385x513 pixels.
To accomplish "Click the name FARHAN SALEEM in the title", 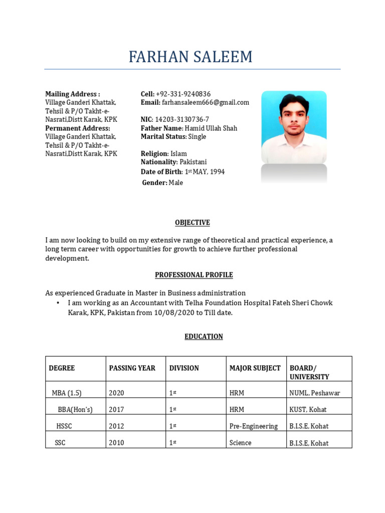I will [190, 57].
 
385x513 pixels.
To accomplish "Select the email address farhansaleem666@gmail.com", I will [205, 103].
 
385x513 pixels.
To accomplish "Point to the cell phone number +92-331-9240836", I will [183, 94].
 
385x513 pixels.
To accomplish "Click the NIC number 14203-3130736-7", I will [182, 120].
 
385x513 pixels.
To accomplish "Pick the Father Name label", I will [161, 128].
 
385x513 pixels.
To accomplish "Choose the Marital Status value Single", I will [197, 137].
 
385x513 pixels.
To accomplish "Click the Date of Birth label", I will [161, 172].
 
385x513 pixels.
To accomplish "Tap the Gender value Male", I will [175, 183].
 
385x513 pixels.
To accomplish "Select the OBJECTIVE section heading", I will [192, 223].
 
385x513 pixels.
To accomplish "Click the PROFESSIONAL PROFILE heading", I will [194, 275].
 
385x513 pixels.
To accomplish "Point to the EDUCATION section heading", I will [204, 337].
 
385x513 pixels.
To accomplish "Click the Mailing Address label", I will [73, 94].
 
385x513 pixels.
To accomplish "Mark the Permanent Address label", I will [78, 128].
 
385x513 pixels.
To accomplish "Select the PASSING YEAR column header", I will [132, 368].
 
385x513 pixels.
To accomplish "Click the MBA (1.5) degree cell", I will [67, 393].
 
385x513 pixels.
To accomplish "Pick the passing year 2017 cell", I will [116, 410].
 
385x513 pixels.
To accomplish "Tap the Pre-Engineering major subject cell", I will [254, 426].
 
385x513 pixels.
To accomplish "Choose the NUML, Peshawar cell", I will [315, 393].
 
